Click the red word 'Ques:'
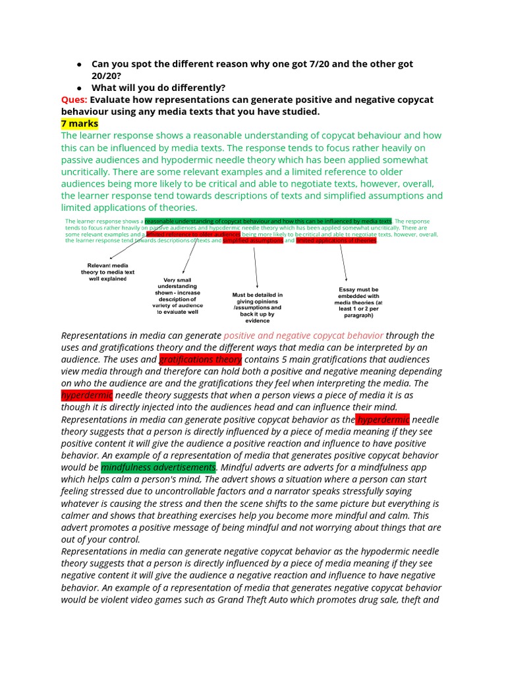click(x=74, y=100)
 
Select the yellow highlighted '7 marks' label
click(x=80, y=123)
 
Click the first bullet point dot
click(x=78, y=65)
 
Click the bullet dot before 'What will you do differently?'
click(x=78, y=88)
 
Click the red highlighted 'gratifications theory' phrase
click(x=200, y=359)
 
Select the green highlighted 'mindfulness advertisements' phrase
click(x=158, y=467)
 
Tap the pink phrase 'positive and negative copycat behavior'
click(x=303, y=336)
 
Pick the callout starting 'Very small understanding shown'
click(x=177, y=296)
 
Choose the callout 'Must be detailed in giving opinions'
click(x=257, y=308)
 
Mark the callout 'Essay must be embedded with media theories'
click(x=359, y=302)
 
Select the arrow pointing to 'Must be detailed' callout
click(x=255, y=267)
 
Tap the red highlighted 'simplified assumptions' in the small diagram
click(x=253, y=241)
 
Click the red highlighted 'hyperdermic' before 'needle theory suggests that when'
click(x=87, y=396)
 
